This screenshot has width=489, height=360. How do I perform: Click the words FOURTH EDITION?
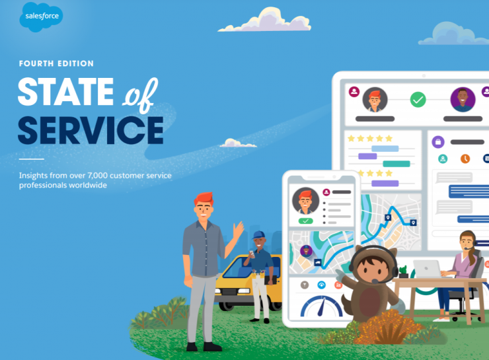56,64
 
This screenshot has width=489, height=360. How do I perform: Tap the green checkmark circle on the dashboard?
418,100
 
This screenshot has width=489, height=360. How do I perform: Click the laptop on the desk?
427,268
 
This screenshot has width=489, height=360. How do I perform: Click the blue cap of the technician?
258,235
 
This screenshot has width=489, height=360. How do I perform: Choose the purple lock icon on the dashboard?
437,142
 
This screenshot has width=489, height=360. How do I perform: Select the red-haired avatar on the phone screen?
305,199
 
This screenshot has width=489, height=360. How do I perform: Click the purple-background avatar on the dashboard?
463,100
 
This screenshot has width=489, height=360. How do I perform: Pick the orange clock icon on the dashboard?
465,159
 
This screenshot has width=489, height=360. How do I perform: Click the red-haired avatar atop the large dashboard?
375,100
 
